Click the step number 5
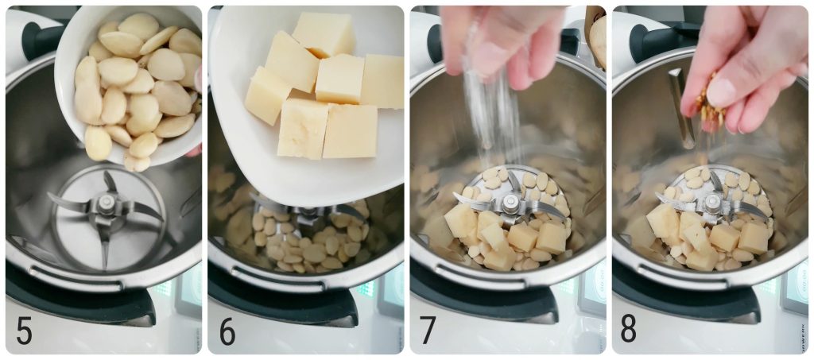pos(24,331)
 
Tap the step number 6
pos(227,331)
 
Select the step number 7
pos(428,331)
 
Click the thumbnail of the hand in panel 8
pos(722,92)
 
